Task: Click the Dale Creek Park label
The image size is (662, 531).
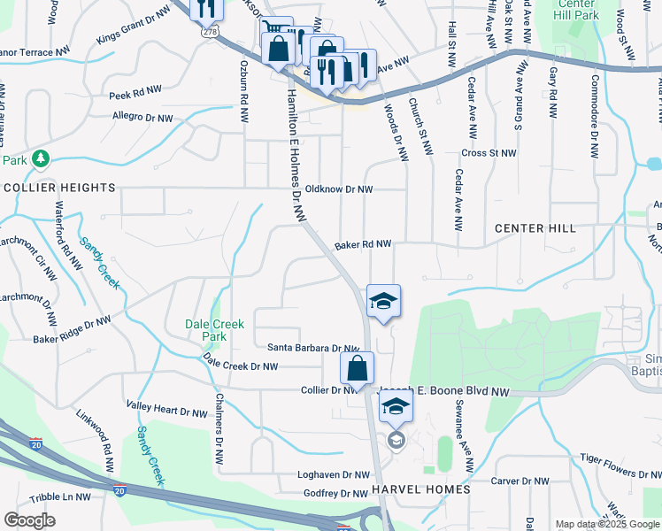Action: [214, 330]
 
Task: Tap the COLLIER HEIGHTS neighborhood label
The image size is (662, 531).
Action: [59, 188]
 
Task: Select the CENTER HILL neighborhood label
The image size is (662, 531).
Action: [535, 228]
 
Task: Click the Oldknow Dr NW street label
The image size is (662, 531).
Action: [339, 189]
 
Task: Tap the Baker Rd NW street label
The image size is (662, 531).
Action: [363, 244]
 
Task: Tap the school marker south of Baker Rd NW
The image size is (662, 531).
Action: [383, 301]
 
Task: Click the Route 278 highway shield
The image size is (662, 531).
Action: [210, 32]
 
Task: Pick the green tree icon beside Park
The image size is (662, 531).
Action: [40, 159]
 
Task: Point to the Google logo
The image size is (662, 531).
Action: [29, 520]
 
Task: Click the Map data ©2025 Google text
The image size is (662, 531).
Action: [607, 524]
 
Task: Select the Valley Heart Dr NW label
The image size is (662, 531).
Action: [166, 412]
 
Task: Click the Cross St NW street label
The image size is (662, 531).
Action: [489, 153]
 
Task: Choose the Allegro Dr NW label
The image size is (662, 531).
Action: [142, 116]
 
